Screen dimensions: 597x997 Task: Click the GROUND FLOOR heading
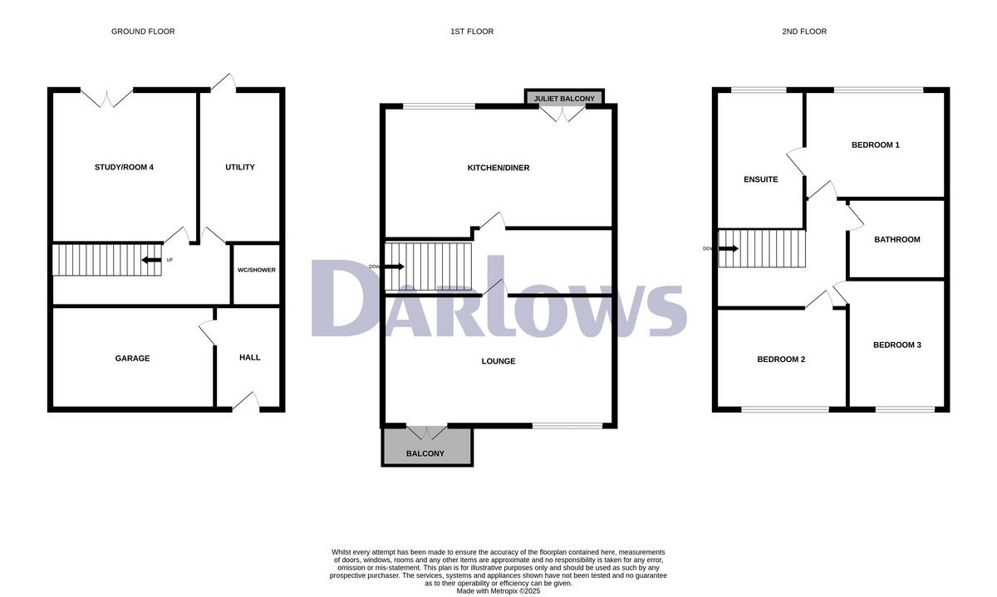click(143, 32)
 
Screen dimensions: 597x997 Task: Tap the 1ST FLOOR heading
click(471, 32)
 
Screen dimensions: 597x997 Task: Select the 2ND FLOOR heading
click(804, 32)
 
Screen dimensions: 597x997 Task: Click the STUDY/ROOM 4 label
click(124, 167)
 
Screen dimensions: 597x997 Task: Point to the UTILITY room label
click(240, 167)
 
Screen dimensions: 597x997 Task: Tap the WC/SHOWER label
click(256, 270)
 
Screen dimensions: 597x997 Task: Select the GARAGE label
click(132, 359)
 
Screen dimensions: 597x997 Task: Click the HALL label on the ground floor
click(249, 358)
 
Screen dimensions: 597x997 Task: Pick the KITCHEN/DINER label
click(498, 168)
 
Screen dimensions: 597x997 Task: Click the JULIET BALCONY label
click(564, 99)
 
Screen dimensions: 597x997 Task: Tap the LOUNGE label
click(498, 361)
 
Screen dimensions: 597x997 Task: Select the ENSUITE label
click(760, 179)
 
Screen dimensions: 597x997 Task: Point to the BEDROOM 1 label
click(876, 145)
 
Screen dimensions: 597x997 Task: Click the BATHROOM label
click(896, 240)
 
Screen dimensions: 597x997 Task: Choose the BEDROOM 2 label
click(781, 360)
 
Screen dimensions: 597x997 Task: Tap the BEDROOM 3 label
click(896, 345)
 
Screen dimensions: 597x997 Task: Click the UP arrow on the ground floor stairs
click(152, 260)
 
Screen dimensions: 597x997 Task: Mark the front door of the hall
click(246, 402)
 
